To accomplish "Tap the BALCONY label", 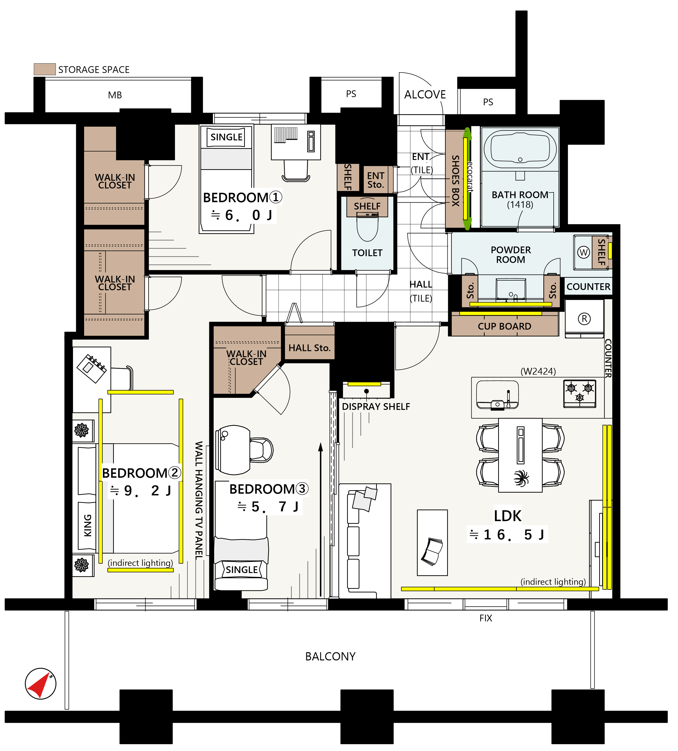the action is pyautogui.click(x=330, y=657).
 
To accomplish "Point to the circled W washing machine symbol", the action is pyautogui.click(x=584, y=253).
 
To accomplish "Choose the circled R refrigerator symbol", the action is pyautogui.click(x=584, y=319).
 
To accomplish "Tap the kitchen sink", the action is pyautogui.click(x=497, y=395).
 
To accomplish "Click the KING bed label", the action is pyautogui.click(x=87, y=526).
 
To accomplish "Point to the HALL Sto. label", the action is pyautogui.click(x=310, y=348).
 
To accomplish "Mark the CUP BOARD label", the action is pyautogui.click(x=504, y=326).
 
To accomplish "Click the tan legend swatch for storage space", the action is pyautogui.click(x=45, y=69).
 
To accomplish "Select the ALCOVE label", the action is pyautogui.click(x=425, y=95).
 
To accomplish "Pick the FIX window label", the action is pyautogui.click(x=486, y=618).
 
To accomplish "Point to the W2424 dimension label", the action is pyautogui.click(x=538, y=372).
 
